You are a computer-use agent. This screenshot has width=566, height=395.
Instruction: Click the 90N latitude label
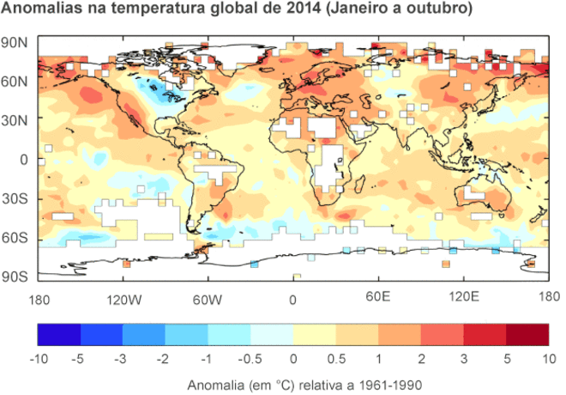15,43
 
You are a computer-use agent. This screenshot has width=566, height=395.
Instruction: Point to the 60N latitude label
15,82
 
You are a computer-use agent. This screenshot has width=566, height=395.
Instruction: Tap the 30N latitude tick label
15,120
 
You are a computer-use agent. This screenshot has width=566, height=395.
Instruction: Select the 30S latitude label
15,197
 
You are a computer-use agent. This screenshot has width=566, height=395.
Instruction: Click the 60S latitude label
15,237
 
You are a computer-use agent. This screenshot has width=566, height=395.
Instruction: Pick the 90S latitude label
15,276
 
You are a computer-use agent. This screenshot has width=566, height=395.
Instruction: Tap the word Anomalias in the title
39,10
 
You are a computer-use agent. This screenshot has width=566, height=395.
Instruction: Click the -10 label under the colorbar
38,356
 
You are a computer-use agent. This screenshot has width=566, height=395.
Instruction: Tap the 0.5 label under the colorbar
336,356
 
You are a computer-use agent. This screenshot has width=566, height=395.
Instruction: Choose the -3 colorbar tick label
123,356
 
